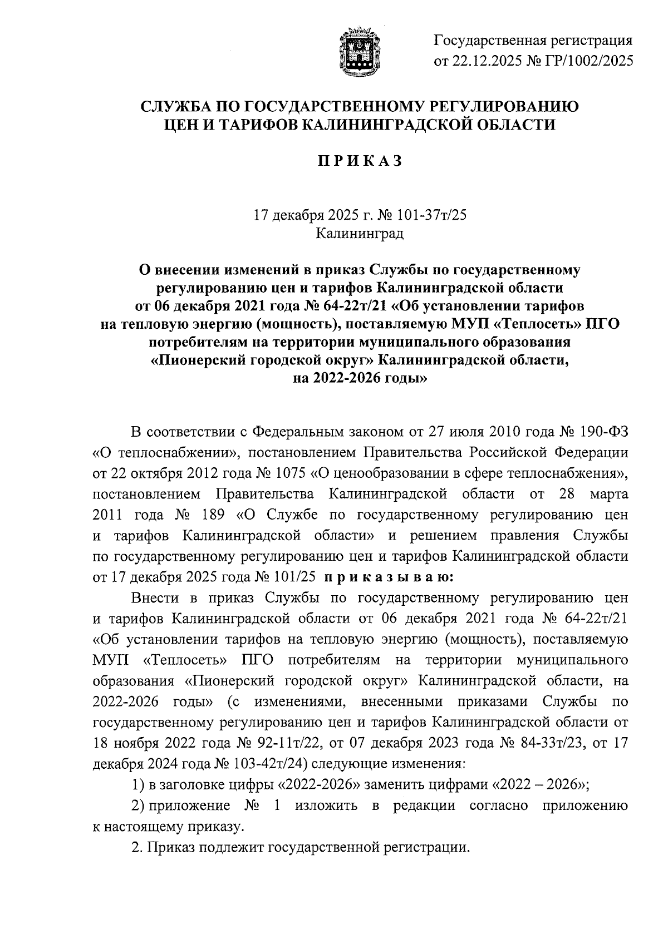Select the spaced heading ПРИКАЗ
coord(360,161)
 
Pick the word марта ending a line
coord(607,494)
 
